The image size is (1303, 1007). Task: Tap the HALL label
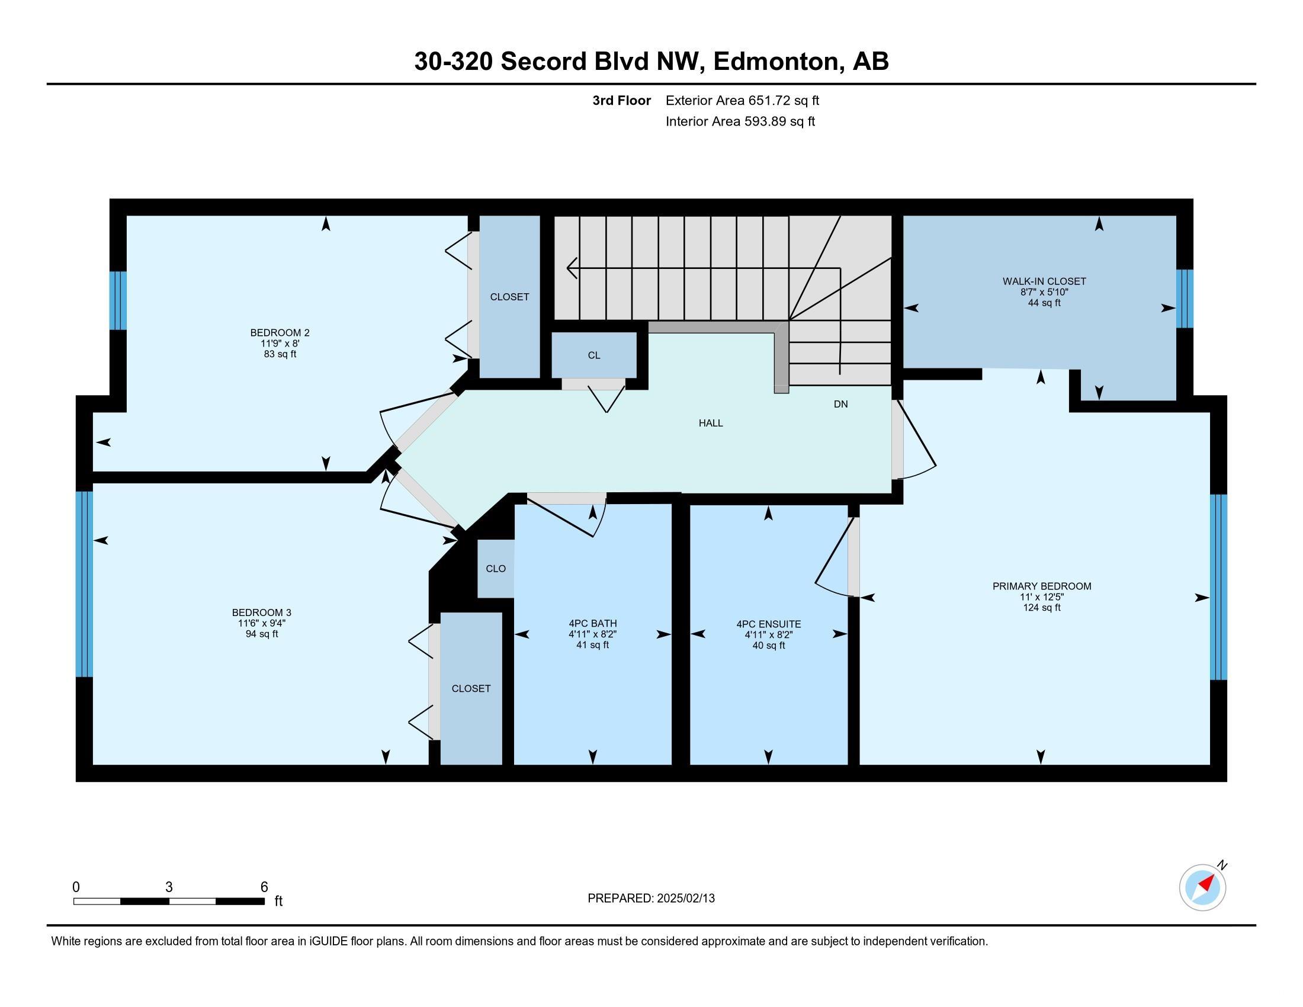pos(711,423)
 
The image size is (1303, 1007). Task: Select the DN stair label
pos(840,404)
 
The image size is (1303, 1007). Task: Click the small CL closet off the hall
pos(593,355)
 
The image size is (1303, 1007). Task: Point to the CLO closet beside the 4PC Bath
pos(496,569)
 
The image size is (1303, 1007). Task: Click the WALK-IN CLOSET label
pos(1044,281)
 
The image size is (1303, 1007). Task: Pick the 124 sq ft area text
pos(1042,607)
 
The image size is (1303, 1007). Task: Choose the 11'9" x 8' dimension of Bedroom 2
pos(280,344)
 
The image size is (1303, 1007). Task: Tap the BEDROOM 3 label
pos(261,612)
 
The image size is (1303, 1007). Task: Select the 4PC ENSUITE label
pos(768,624)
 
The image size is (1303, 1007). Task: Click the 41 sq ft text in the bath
pos(592,645)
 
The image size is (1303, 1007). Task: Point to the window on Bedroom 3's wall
pos(84,584)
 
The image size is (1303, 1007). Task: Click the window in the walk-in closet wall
pos(1185,299)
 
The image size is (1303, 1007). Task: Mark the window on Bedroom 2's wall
pos(118,301)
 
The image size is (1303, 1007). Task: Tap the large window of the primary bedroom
pos(1218,587)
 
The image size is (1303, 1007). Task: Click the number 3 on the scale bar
pos(169,887)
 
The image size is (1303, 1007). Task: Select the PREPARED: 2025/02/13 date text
pos(651,899)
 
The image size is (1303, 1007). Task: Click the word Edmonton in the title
pos(776,62)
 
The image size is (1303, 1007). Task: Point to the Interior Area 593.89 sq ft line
pos(740,121)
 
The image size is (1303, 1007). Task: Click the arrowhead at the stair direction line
pos(572,268)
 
